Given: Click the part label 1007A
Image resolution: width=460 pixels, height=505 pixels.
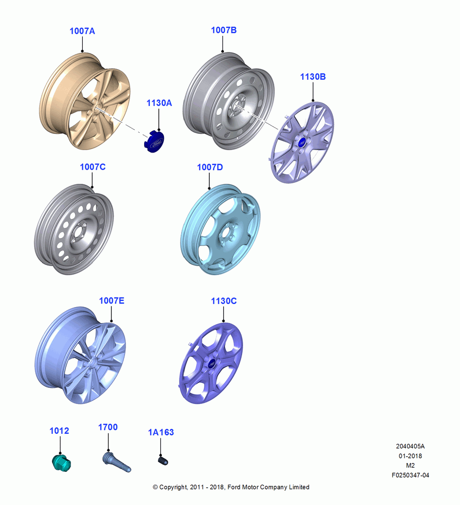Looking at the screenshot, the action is [x=82, y=31].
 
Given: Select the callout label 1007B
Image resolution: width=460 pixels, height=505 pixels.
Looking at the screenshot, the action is [x=224, y=30].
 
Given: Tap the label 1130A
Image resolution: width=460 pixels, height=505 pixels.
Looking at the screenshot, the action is [x=159, y=103].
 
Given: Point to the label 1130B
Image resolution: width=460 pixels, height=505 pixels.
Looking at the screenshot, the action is [x=313, y=77].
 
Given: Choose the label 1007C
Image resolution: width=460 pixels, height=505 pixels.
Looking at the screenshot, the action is [x=93, y=167].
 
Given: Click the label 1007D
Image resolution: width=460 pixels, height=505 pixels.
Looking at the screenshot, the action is [x=210, y=167].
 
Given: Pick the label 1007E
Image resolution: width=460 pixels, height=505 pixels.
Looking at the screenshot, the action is [x=111, y=300].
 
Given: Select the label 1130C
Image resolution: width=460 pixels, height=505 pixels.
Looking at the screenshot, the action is [x=224, y=301].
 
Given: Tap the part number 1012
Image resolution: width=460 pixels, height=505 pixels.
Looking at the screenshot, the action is [x=59, y=431].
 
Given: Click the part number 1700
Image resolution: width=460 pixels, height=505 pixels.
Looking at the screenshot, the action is [x=108, y=427].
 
